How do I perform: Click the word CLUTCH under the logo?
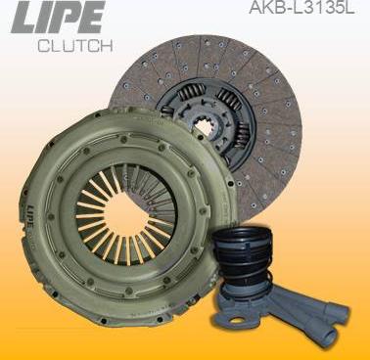(74, 46)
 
